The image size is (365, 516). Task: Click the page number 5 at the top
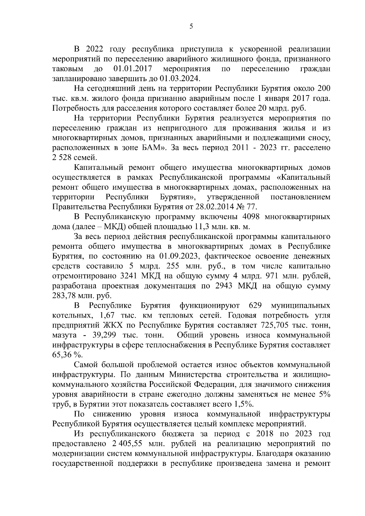[191, 26]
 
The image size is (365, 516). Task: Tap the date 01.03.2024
[180, 79]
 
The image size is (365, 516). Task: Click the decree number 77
[251, 207]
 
